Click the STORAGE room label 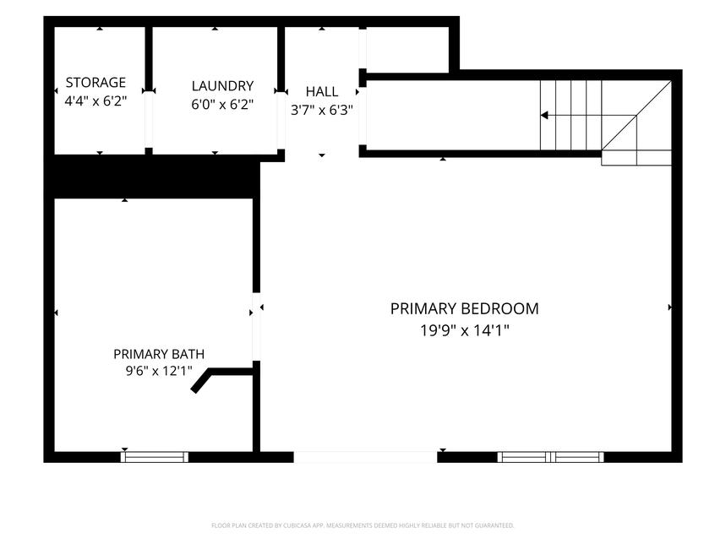pyautogui.click(x=96, y=82)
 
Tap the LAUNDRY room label pyautogui.click(x=222, y=86)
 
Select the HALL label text pyautogui.click(x=322, y=91)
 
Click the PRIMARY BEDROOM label pyautogui.click(x=464, y=308)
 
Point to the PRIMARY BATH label pyautogui.click(x=159, y=354)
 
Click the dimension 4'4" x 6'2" pyautogui.click(x=96, y=101)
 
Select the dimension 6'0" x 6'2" pyautogui.click(x=222, y=105)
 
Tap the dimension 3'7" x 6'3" pyautogui.click(x=322, y=110)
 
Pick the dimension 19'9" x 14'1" pyautogui.click(x=464, y=330)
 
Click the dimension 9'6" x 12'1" pyautogui.click(x=159, y=371)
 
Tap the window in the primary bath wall pyautogui.click(x=155, y=457)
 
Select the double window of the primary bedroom pyautogui.click(x=550, y=457)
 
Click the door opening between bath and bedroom pyautogui.click(x=256, y=327)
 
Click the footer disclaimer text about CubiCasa pyautogui.click(x=363, y=525)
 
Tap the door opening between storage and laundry pyautogui.click(x=149, y=119)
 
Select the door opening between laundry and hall pyautogui.click(x=281, y=120)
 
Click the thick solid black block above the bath pyautogui.click(x=152, y=177)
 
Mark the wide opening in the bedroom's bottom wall pyautogui.click(x=365, y=457)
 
